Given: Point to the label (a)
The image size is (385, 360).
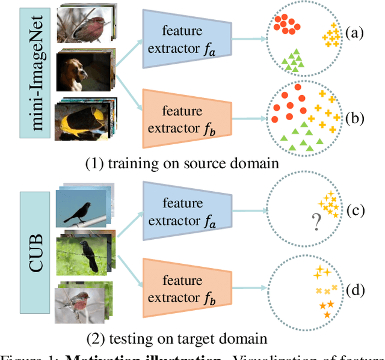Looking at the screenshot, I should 356,34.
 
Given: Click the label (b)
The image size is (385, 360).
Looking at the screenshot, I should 356,118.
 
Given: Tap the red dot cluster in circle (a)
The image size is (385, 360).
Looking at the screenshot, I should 285,24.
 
